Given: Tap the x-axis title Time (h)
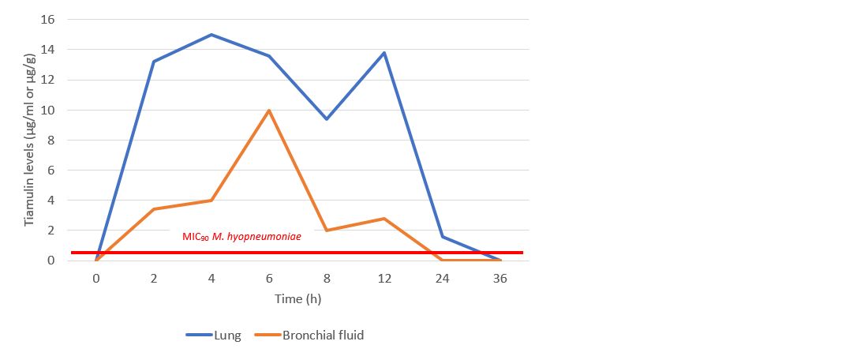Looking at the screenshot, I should coord(297,298).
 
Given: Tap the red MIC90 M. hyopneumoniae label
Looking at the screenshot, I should coord(241,235).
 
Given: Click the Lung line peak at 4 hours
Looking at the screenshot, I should coord(211,35).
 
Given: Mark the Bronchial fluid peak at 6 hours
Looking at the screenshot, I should coord(269,110).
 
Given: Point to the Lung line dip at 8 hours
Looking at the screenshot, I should coord(327,119).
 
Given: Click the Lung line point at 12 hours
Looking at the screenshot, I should coord(384,53).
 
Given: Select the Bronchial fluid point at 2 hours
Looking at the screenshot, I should coord(154,209).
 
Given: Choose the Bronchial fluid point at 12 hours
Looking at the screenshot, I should coord(384,218).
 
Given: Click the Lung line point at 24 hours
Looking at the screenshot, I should coord(443,236).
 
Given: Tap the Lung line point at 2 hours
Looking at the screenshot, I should coord(154,62).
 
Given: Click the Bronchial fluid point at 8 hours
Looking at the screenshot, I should coord(327,231).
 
